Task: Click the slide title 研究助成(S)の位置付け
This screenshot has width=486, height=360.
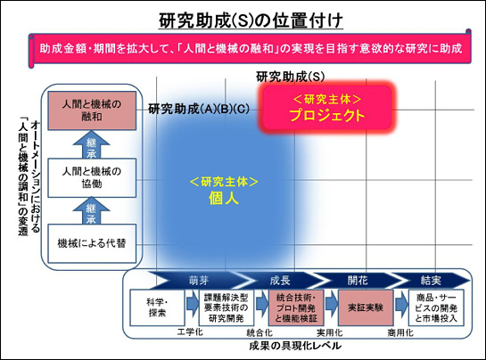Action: [251, 21]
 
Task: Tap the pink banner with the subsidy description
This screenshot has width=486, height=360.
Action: [250, 49]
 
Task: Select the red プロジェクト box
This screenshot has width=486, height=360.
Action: [326, 109]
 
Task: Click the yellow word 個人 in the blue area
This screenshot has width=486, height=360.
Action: [224, 199]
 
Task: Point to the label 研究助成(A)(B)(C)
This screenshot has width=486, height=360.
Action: [199, 109]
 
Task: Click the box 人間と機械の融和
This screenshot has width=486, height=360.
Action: [92, 110]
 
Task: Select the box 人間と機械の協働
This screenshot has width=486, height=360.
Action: [92, 178]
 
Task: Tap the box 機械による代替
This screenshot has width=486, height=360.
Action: [92, 243]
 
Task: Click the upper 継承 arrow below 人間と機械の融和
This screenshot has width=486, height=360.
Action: [92, 145]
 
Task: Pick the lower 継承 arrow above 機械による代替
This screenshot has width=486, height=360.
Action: [92, 210]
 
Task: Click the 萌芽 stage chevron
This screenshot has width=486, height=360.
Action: [198, 281]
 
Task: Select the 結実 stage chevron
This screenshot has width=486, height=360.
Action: [431, 281]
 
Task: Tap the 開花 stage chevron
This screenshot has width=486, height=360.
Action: [357, 281]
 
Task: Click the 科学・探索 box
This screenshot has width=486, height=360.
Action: [157, 307]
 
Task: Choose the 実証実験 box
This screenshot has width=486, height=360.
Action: [366, 307]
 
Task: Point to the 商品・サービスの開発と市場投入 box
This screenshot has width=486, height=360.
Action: [436, 307]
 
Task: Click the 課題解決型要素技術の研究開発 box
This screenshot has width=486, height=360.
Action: [227, 307]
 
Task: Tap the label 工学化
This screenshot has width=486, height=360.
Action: [190, 332]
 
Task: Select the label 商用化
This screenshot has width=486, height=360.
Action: [400, 333]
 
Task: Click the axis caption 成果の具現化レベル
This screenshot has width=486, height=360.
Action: [295, 346]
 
